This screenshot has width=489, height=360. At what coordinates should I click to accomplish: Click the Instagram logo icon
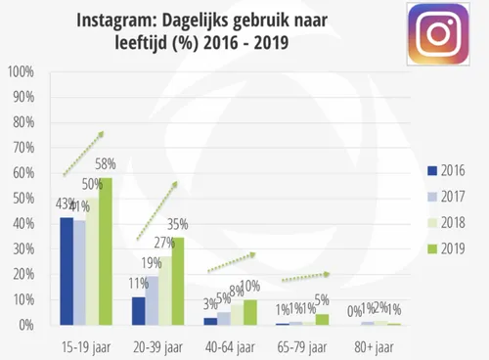pyautogui.click(x=445, y=36)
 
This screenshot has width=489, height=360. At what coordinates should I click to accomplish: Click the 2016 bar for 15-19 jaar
pyautogui.click(x=67, y=271)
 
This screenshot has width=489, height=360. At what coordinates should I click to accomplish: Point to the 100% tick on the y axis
pyautogui.click(x=21, y=72)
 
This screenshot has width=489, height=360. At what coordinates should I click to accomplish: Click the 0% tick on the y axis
pyautogui.click(x=26, y=325)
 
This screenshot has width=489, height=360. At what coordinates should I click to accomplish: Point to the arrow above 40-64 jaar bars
pyautogui.click(x=233, y=261)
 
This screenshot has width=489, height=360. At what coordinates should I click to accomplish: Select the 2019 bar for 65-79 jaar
pyautogui.click(x=323, y=319)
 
